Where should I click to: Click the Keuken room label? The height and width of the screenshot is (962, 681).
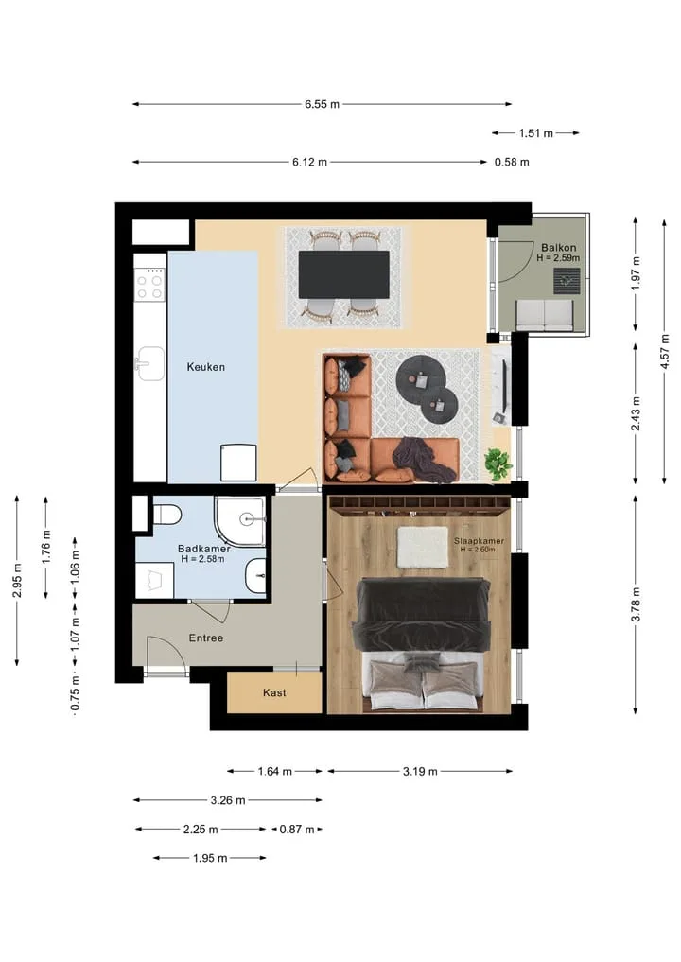click(205, 367)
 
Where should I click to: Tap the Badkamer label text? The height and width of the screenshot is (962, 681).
click(203, 549)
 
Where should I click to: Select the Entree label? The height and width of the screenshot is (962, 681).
click(206, 638)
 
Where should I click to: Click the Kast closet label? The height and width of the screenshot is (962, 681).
click(274, 692)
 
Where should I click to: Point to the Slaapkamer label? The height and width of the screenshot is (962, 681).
click(480, 540)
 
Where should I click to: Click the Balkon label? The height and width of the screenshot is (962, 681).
click(558, 248)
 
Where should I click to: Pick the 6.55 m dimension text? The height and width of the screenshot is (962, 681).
click(323, 104)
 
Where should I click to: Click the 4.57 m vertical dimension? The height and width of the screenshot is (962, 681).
click(664, 352)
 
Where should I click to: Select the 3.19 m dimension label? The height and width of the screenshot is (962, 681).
click(420, 771)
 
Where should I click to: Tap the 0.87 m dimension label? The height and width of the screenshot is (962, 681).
click(297, 830)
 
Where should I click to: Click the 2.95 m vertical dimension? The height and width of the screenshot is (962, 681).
click(17, 581)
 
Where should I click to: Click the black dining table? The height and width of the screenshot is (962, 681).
click(343, 275)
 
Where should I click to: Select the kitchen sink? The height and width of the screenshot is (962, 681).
click(149, 364)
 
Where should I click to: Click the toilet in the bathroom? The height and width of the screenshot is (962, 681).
click(166, 515)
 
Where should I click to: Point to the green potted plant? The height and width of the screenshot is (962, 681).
click(498, 464)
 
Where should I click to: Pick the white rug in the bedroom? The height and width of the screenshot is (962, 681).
click(423, 548)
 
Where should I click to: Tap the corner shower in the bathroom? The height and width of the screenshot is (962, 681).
click(240, 521)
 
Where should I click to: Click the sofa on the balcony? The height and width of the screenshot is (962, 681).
click(544, 315)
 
